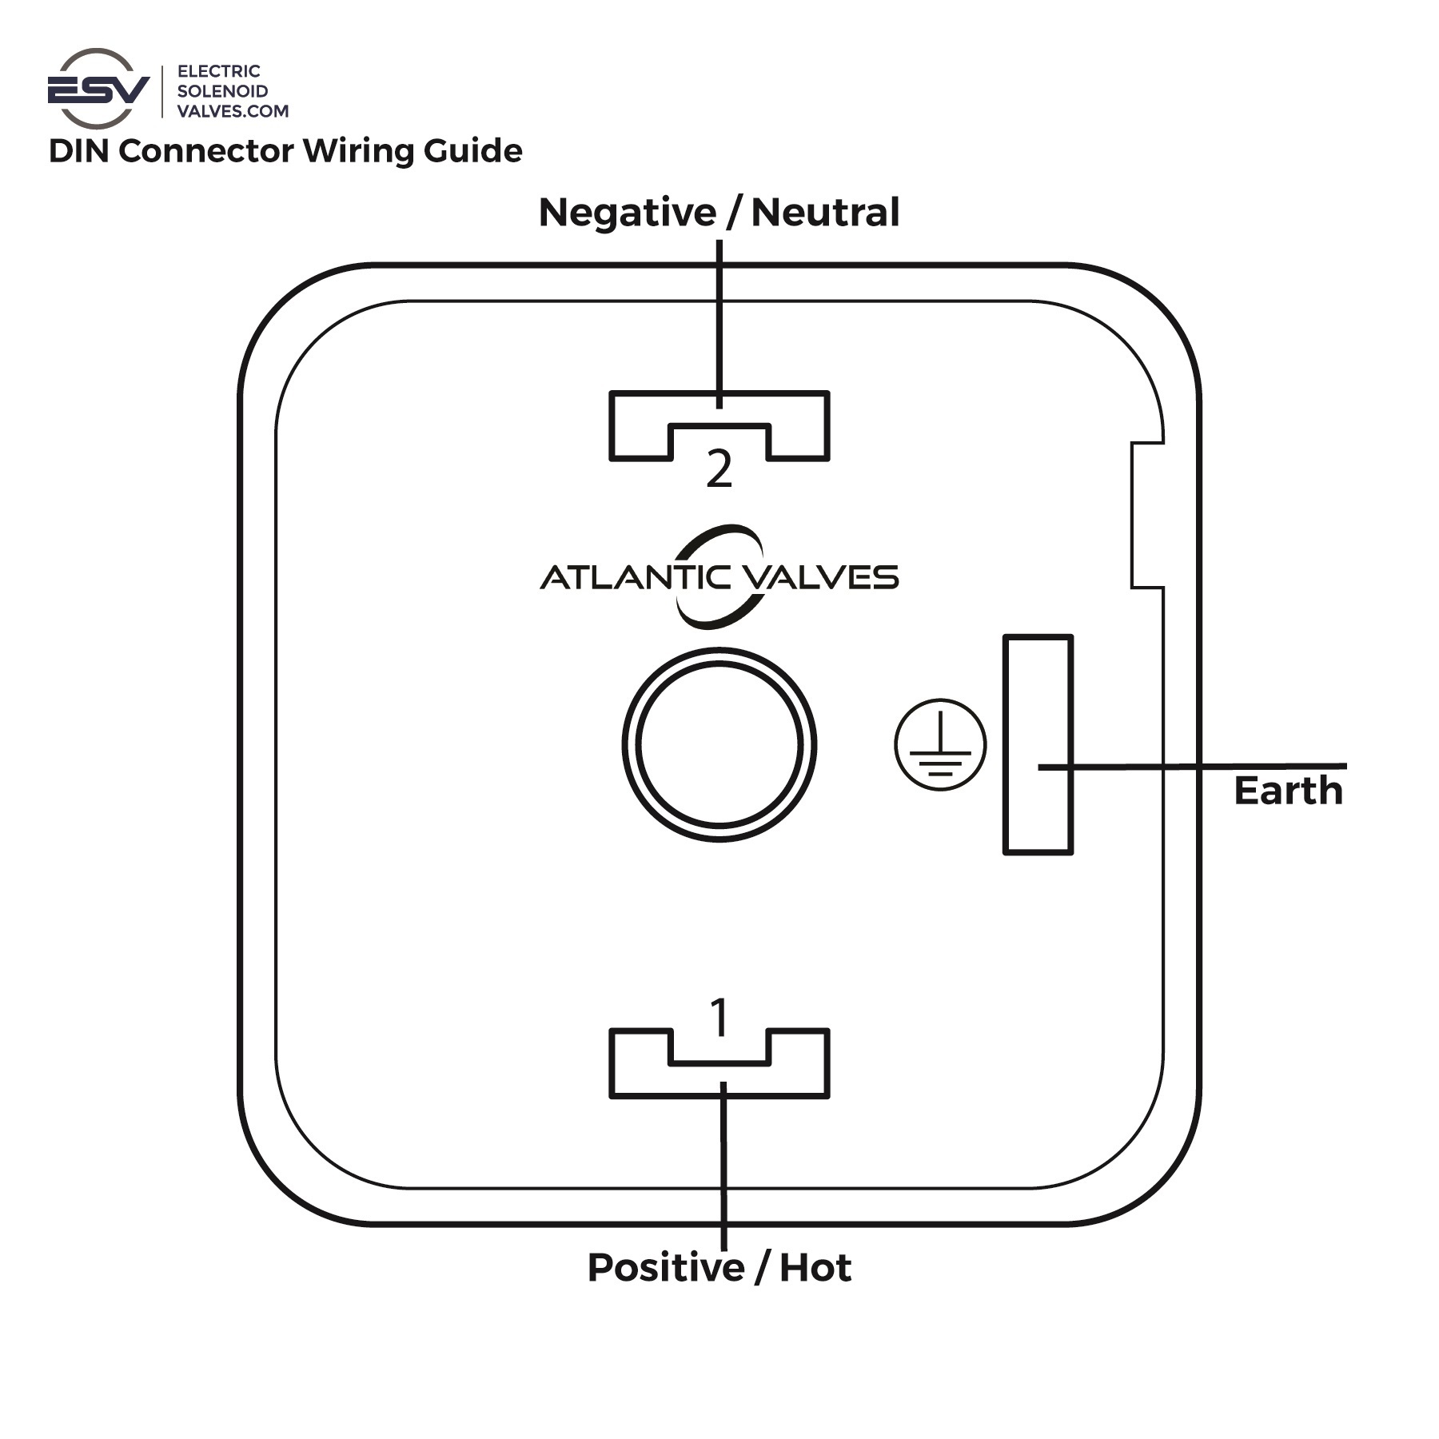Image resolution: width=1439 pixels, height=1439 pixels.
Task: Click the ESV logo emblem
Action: coord(98,89)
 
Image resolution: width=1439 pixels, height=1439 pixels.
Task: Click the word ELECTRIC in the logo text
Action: coord(218,71)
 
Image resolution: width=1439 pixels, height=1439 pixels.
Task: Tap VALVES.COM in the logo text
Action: coord(233,111)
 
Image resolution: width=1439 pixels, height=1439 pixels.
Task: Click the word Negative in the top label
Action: coord(627,213)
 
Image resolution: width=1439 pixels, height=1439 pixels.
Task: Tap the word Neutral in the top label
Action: coord(825,213)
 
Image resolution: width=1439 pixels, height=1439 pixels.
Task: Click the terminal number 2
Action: coord(719,470)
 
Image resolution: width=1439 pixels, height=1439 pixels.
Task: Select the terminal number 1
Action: coord(719,1018)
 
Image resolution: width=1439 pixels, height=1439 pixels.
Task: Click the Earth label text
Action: coord(1288,791)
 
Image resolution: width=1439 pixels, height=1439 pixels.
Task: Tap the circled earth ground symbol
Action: coord(940,744)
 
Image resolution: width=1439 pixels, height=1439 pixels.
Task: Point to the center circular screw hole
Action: coord(719,745)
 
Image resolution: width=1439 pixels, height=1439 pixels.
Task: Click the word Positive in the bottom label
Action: coord(666,1268)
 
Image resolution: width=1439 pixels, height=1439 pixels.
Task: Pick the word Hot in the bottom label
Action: coord(815,1268)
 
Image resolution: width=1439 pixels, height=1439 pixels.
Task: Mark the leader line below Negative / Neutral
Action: coord(719,320)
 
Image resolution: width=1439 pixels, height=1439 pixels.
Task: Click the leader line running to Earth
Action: coord(1199,767)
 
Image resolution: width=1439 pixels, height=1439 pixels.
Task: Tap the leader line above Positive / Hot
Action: coord(723,1167)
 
